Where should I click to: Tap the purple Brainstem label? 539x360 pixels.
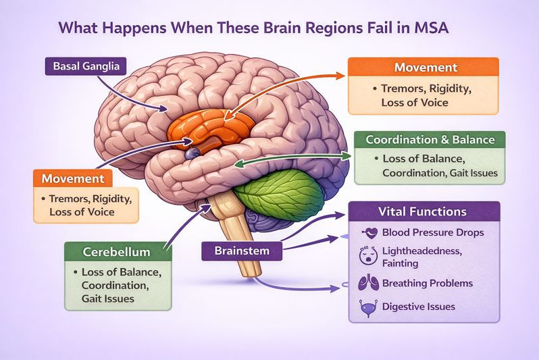click(x=242, y=251)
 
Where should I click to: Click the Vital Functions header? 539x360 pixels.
click(x=423, y=211)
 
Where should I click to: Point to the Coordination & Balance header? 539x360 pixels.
click(x=430, y=140)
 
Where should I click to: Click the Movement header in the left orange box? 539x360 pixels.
click(x=73, y=178)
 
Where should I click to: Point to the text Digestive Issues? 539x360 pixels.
click(x=418, y=307)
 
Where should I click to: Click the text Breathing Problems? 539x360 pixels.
click(x=427, y=283)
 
